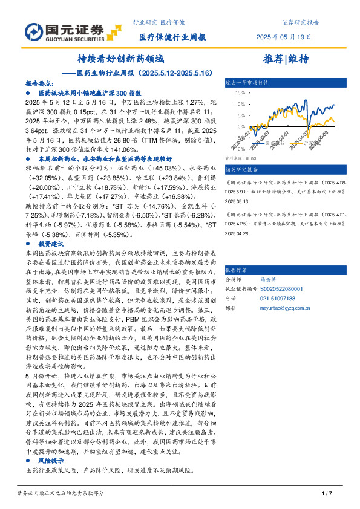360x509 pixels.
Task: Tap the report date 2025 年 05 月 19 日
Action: coord(284,37)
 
